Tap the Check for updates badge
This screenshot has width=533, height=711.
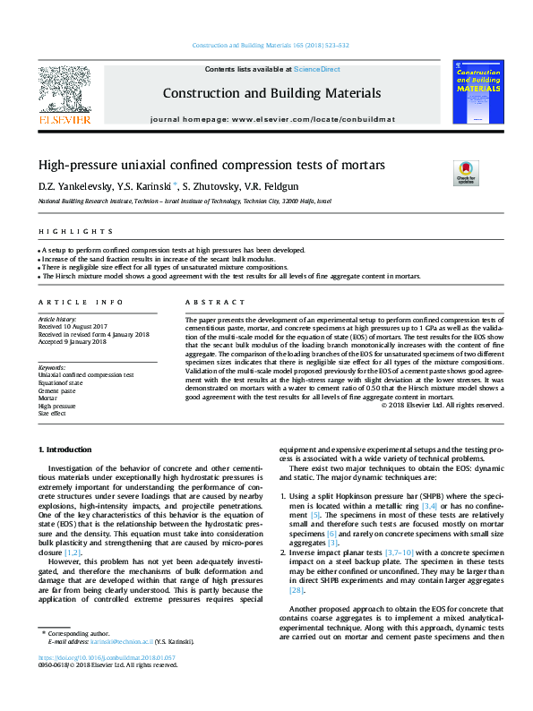tap(466, 172)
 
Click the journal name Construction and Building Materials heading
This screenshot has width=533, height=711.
tap(271, 93)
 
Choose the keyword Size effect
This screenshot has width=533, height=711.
tap(53, 414)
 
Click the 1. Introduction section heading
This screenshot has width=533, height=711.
tap(64, 449)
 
